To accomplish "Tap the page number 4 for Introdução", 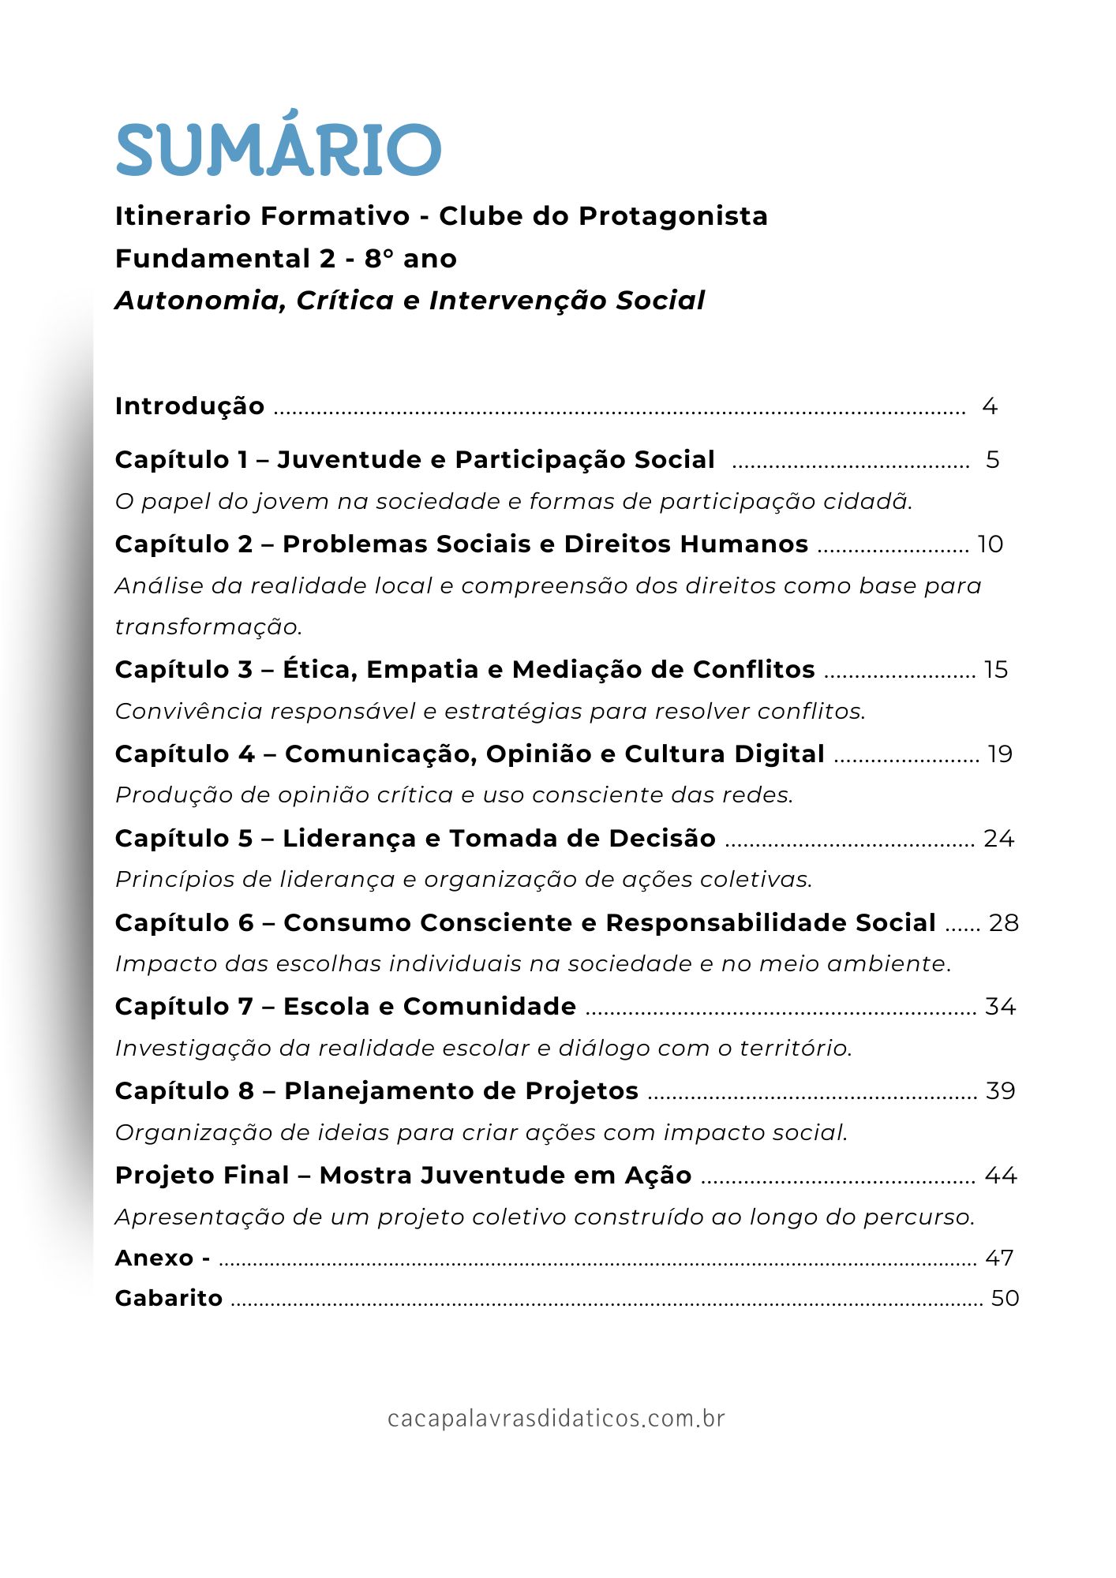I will (990, 406).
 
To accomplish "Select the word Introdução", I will (189, 406).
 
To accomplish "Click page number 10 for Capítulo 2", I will (991, 544).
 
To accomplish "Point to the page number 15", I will (996, 669).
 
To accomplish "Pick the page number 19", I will (1000, 753).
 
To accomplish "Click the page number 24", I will (998, 838).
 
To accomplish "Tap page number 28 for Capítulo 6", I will (1003, 922).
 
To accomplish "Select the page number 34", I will (1000, 1006).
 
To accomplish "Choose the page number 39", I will (1000, 1090).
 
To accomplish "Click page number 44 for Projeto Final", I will (1001, 1175).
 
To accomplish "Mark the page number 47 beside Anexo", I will (999, 1258).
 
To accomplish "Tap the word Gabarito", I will (169, 1298).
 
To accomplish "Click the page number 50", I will (1005, 1298).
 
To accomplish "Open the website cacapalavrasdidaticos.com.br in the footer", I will (556, 1419).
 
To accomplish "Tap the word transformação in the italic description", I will (209, 627).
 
